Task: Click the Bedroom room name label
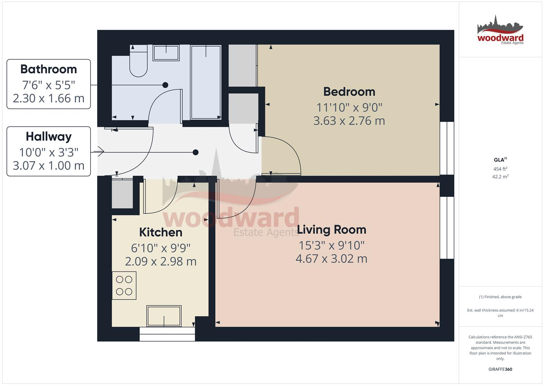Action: [349, 92]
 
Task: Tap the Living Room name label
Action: [331, 230]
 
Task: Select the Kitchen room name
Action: [161, 232]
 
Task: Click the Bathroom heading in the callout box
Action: [48, 69]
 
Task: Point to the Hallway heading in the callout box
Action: [48, 137]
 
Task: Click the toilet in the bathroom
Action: [138, 62]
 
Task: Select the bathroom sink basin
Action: [166, 53]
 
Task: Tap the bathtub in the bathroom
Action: [206, 82]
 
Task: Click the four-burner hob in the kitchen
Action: [124, 286]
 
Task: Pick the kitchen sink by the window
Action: [164, 316]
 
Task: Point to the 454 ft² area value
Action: [500, 169]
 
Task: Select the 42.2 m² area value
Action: [500, 176]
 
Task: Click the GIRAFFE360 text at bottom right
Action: [500, 369]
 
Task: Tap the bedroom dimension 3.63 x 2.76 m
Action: [349, 121]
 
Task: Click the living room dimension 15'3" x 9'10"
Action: [331, 245]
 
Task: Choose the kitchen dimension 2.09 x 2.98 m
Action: [161, 261]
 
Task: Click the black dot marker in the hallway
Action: [196, 153]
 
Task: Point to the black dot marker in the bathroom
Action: [165, 85]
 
